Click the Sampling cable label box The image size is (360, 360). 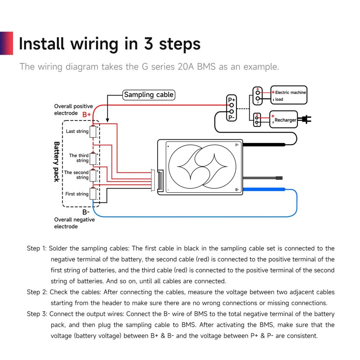(x=149, y=95)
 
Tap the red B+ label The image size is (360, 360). (x=86, y=115)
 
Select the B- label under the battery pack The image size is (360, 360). (x=86, y=212)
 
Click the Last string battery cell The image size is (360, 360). (x=93, y=132)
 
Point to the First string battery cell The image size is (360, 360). (x=93, y=194)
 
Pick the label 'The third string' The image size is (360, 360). (x=79, y=158)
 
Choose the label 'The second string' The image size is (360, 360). (x=76, y=175)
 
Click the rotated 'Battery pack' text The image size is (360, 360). (x=57, y=162)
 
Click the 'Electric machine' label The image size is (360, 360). (x=290, y=93)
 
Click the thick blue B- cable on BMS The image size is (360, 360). (x=265, y=189)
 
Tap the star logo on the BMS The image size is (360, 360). (x=203, y=167)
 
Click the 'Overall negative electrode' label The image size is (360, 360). (x=74, y=223)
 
